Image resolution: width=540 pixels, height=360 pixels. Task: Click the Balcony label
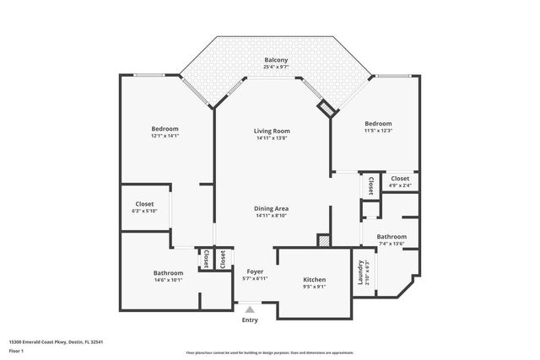coord(275,60)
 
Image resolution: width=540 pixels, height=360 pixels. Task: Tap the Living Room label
coord(273,131)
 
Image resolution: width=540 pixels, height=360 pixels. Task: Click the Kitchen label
coord(314,280)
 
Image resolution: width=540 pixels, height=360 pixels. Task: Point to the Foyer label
coord(254,271)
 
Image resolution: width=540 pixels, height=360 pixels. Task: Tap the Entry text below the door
coord(250,320)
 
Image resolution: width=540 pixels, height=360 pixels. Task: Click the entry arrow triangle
coord(250,309)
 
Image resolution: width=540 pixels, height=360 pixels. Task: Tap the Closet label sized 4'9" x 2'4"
coord(400,179)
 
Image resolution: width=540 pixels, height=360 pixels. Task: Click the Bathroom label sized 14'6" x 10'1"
coord(168,273)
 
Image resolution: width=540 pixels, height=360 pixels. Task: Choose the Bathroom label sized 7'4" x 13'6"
coord(391,237)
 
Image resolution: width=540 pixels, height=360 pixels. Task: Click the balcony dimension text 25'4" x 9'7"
coord(275,67)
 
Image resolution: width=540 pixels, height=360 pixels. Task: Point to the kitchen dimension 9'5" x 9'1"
coord(314,287)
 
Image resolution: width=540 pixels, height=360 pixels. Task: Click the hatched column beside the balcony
coord(326,107)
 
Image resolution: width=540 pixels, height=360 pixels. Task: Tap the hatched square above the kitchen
coord(323,240)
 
